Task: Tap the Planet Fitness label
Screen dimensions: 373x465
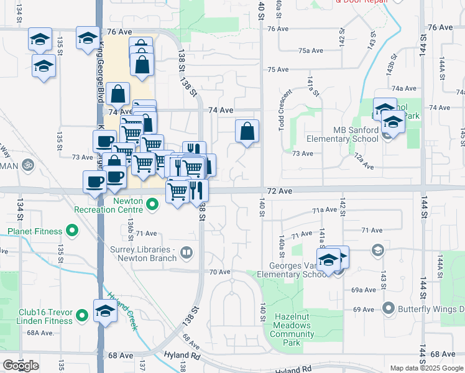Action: click(35, 232)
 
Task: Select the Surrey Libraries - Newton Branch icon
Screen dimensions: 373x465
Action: click(186, 252)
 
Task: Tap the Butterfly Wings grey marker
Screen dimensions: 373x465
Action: click(389, 308)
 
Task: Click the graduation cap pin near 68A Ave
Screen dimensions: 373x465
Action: click(105, 311)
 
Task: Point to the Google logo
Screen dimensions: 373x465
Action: click(21, 366)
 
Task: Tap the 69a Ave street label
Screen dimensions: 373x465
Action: click(364, 290)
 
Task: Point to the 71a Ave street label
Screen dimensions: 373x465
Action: click(325, 211)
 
